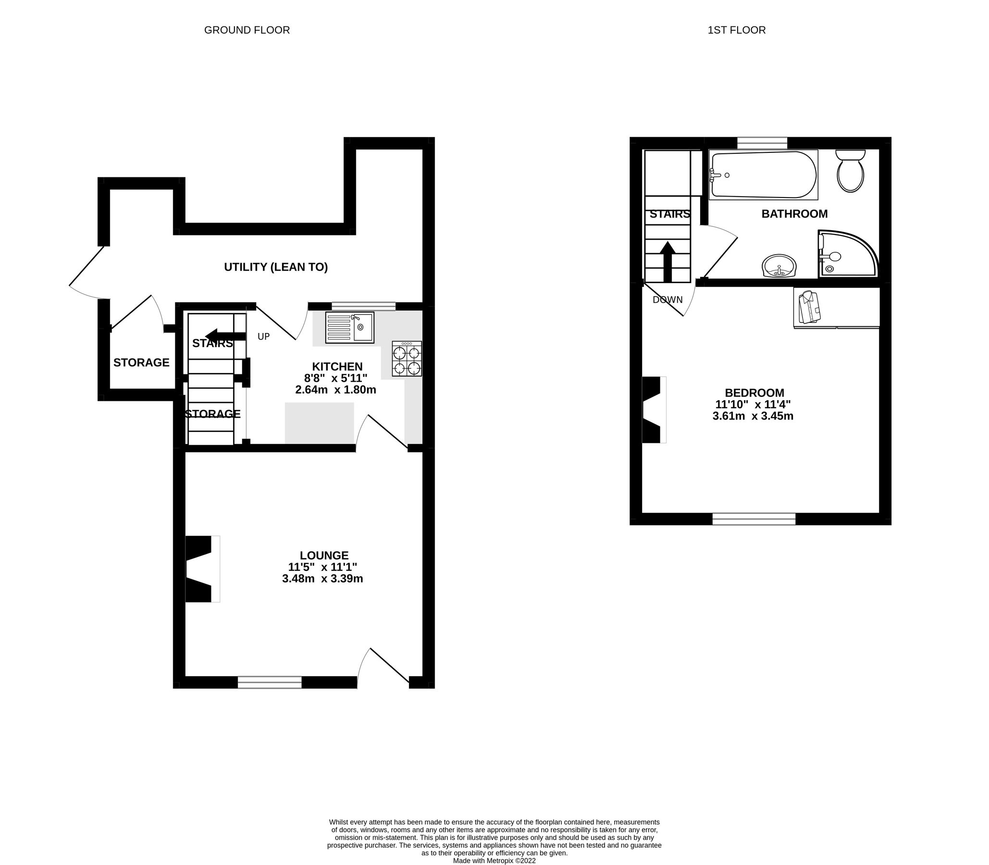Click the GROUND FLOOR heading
(247, 30)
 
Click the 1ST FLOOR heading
(736, 30)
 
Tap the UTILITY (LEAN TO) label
(276, 267)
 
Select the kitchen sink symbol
(349, 328)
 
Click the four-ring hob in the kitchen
(407, 359)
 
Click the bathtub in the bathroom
(763, 175)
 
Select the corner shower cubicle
(846, 254)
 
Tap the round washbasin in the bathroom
(779, 266)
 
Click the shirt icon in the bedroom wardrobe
(809, 308)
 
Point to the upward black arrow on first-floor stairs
(668, 261)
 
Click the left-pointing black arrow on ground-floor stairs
(225, 335)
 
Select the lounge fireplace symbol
(202, 568)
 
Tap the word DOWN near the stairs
(668, 300)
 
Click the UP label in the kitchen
(263, 336)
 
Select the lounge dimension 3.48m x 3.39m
(322, 578)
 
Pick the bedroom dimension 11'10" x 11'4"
(753, 405)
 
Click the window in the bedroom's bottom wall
(754, 519)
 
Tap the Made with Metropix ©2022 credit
(494, 860)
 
